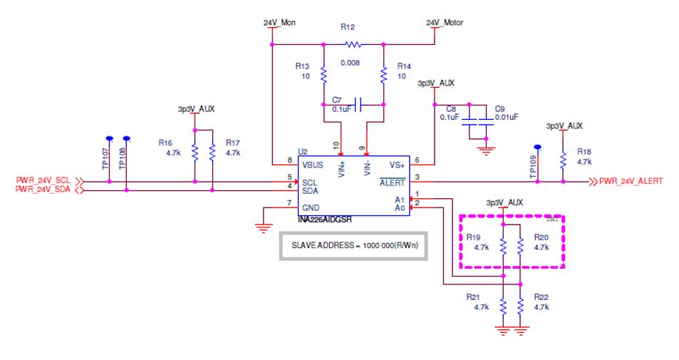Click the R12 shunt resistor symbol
(353, 44)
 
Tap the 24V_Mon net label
(279, 23)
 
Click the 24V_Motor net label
(445, 23)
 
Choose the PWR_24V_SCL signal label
(42, 181)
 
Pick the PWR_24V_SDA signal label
(42, 190)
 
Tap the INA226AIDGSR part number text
(326, 220)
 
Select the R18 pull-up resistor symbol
(563, 160)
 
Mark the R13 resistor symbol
(323, 73)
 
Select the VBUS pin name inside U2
(313, 165)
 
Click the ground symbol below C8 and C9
(487, 150)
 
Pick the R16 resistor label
(165, 143)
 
